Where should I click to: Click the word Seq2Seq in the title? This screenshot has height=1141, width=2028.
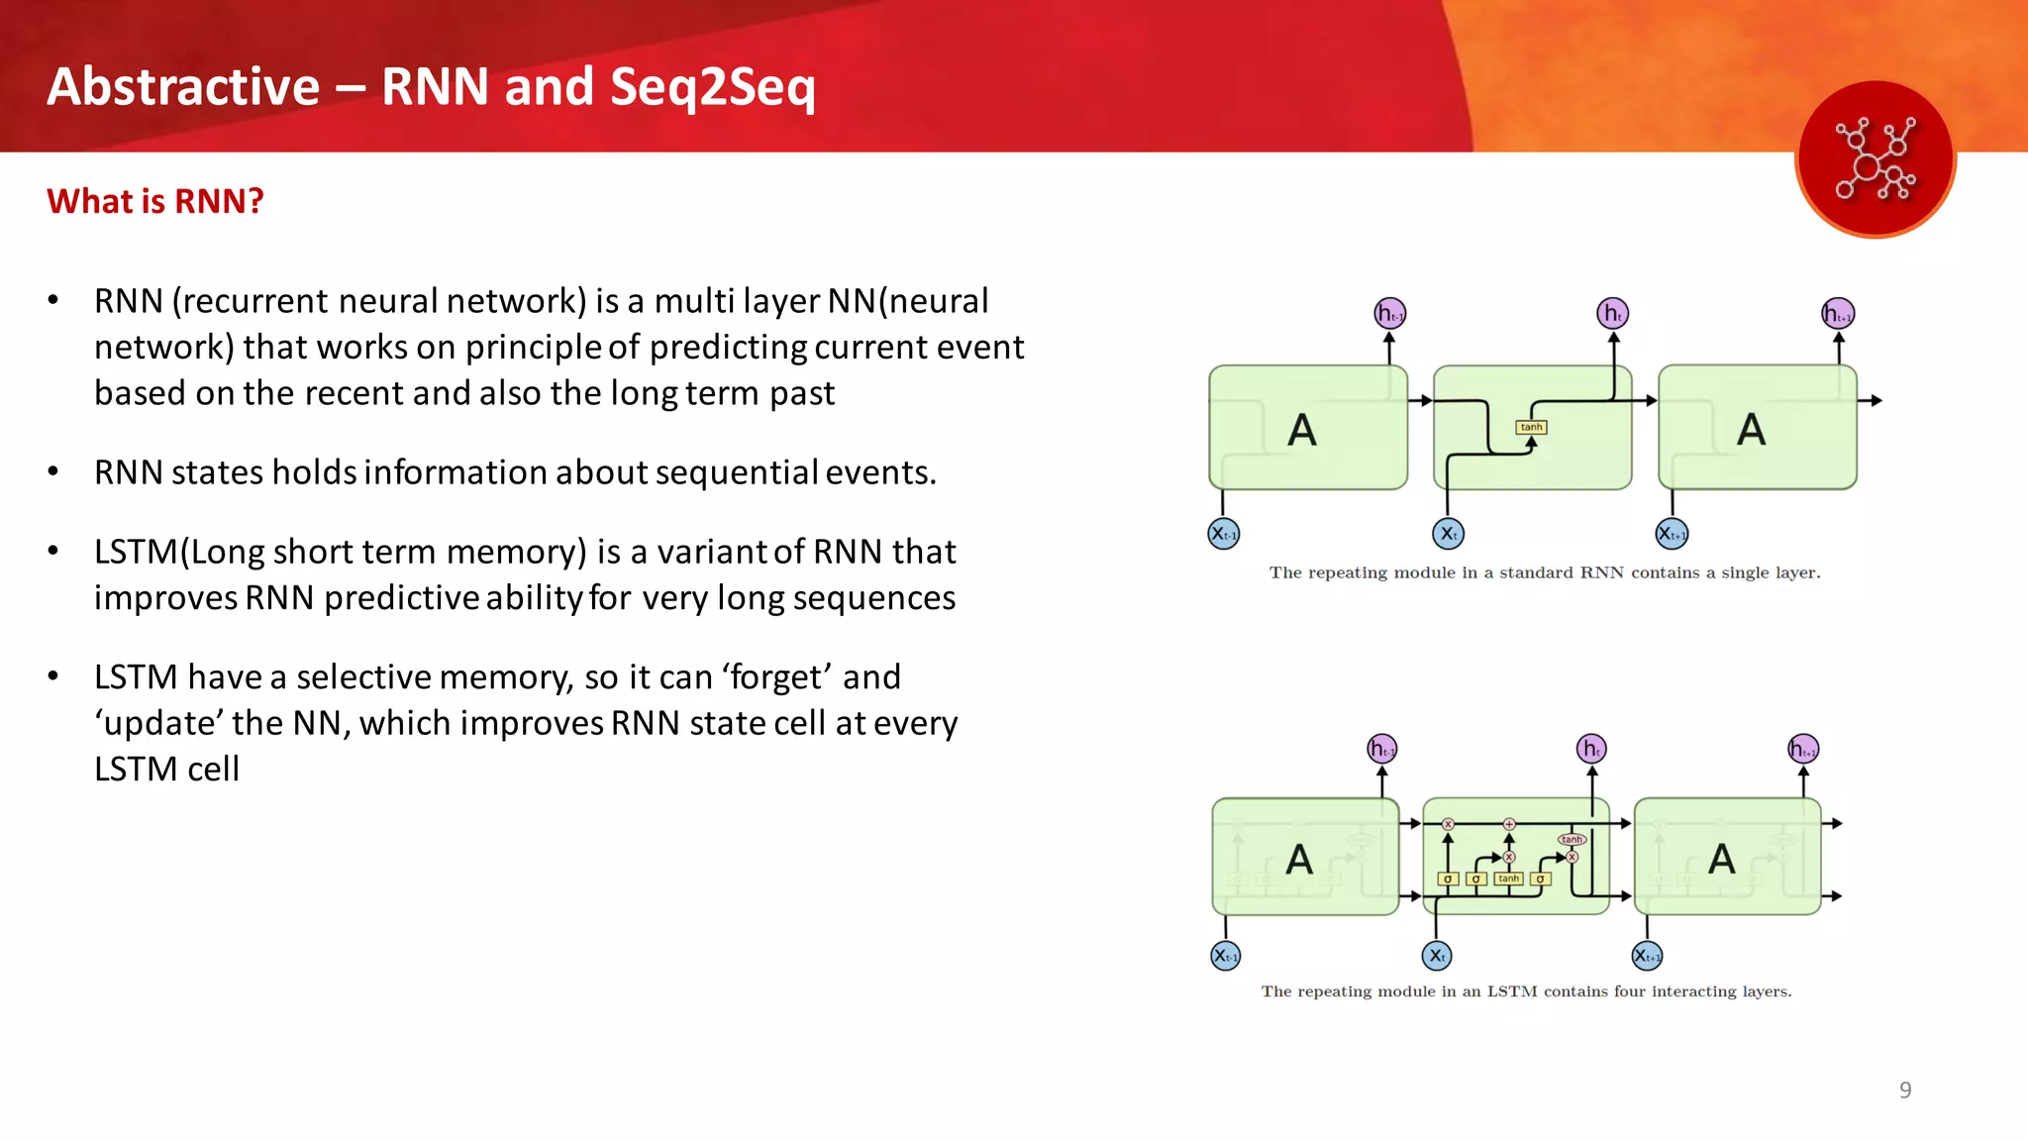tap(712, 87)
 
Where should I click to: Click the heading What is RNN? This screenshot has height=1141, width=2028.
tap(155, 201)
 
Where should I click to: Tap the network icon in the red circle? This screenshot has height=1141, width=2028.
tap(1875, 159)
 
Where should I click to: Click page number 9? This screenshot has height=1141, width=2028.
tap(1905, 1090)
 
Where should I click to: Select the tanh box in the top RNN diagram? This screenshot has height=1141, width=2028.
tap(1531, 427)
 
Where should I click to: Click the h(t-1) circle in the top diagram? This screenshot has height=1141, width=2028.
tap(1390, 314)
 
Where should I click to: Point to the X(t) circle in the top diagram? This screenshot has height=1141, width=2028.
tap(1448, 534)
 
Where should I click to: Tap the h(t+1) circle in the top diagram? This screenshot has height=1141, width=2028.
tap(1838, 314)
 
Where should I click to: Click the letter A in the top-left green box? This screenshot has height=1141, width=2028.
tap(1301, 430)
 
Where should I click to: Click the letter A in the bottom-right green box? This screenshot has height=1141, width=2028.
tap(1721, 859)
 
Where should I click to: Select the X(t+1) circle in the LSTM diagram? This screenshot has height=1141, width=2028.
tap(1647, 956)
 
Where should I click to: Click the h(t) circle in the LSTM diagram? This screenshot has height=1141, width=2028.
tap(1591, 749)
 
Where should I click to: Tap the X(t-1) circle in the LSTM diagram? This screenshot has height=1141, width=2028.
tap(1226, 956)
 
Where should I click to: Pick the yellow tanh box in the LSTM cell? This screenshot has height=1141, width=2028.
tap(1508, 879)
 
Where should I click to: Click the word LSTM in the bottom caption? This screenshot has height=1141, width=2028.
tap(1512, 991)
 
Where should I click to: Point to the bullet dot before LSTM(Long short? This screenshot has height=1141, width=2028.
tap(53, 551)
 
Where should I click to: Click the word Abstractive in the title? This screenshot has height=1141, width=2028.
tap(183, 87)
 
